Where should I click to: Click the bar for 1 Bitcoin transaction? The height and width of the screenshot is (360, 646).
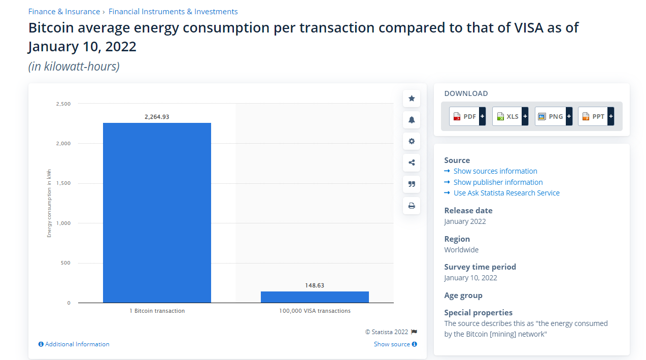point(157,213)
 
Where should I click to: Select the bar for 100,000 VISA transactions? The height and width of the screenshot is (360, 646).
point(315,297)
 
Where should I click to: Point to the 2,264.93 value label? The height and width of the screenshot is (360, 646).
point(157,117)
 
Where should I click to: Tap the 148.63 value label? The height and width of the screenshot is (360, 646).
point(315,285)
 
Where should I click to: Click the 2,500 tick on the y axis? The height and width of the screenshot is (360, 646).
point(63,104)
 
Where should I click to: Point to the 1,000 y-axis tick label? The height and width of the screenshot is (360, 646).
point(63,223)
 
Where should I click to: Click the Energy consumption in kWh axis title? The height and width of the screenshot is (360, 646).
point(49,204)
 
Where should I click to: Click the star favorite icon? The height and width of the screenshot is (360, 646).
point(412,99)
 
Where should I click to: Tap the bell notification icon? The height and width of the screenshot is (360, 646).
point(412,120)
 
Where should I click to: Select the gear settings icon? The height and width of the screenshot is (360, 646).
point(412,141)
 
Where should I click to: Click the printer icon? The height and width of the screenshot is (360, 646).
point(412,206)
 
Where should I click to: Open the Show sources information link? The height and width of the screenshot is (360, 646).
point(495,171)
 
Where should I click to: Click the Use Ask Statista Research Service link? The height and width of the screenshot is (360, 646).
point(506,193)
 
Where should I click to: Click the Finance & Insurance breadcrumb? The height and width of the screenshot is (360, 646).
point(64,12)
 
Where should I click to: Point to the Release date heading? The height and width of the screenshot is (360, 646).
point(468,210)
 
